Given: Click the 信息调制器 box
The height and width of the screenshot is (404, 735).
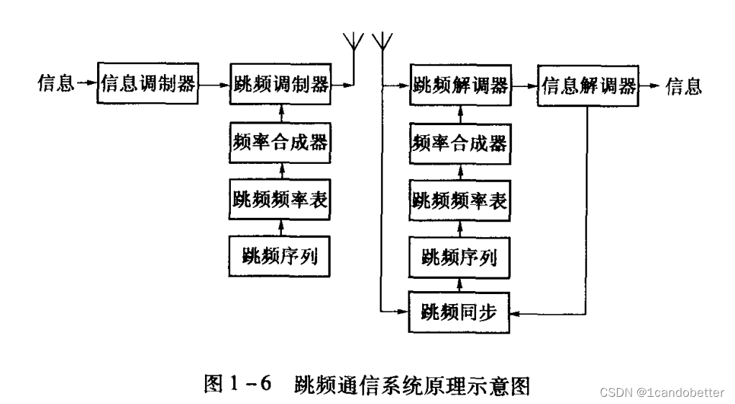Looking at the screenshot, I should coord(147,84).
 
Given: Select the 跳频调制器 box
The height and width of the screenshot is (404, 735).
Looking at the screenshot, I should coord(280,84).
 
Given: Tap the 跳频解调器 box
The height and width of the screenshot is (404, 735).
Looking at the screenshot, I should coord(460,86).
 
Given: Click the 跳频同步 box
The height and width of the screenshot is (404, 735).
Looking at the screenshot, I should coord(460,311).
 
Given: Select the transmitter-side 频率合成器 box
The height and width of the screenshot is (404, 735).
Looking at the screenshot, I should coord(280,142).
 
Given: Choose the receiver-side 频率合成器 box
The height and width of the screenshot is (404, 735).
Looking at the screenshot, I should coord(460,142).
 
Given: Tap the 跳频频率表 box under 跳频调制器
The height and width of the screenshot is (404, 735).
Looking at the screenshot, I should coord(280,198).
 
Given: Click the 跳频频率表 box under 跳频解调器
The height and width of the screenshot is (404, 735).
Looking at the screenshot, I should coord(460,200).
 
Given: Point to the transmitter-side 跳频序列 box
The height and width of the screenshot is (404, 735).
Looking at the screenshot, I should coord(280,254).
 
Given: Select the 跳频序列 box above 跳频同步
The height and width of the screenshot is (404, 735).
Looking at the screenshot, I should coord(460,255).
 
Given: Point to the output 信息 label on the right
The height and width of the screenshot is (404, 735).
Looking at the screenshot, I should coord(683,86).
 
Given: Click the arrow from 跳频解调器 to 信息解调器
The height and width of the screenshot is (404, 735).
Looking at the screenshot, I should coord(524,86).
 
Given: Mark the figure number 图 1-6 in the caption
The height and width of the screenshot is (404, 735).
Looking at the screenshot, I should coord(237,385).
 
